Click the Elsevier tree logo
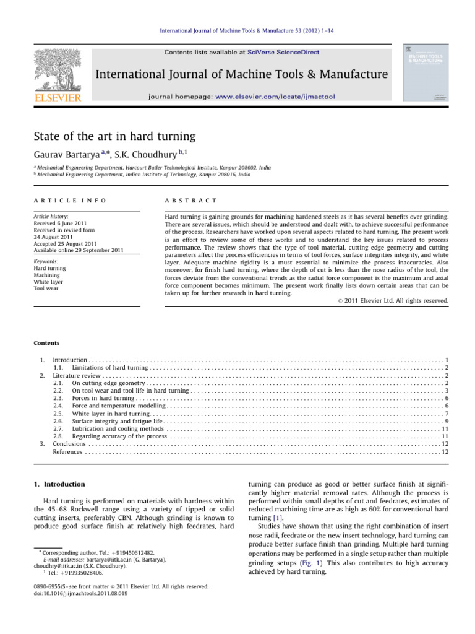pyautogui.click(x=57, y=67)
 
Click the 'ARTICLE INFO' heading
pyautogui.click(x=69, y=201)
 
